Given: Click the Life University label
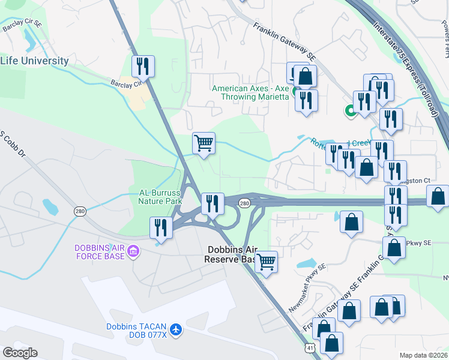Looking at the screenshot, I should [x=34, y=61].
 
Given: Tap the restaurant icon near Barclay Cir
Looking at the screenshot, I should [x=143, y=66].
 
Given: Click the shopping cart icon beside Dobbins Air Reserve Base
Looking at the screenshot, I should [x=265, y=262].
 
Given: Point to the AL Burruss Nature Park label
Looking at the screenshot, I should [x=152, y=197].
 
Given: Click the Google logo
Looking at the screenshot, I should [x=20, y=353].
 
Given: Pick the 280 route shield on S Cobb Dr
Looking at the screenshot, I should [x=80, y=211].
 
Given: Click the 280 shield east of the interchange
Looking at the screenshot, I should [x=244, y=204].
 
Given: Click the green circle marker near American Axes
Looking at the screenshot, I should [x=349, y=110].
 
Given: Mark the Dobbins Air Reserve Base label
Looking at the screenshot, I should [x=232, y=254].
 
